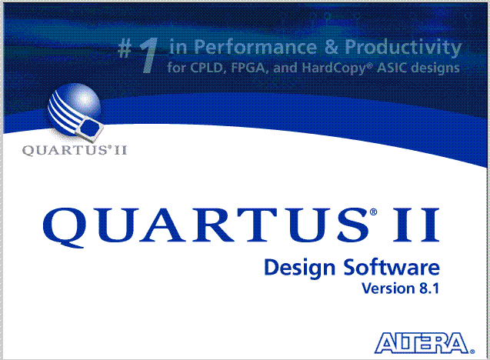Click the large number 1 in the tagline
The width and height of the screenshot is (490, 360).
(x=148, y=55)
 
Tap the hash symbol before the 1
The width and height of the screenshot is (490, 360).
(x=125, y=49)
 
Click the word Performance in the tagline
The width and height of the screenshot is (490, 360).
(x=255, y=47)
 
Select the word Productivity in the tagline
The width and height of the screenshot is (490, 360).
(x=403, y=48)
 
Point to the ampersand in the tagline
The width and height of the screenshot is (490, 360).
(x=332, y=47)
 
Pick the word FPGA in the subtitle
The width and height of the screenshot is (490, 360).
(x=249, y=68)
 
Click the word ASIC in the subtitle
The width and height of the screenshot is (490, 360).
(x=392, y=68)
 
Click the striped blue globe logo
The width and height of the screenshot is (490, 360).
(x=75, y=110)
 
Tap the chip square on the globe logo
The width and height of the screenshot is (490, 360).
(x=90, y=128)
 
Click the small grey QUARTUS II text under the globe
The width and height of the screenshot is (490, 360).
(x=75, y=150)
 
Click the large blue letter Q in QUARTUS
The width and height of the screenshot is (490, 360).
(x=65, y=228)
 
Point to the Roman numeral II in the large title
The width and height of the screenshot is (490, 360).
(x=416, y=225)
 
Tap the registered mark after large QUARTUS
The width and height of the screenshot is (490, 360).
(x=373, y=212)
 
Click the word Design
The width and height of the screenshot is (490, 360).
(x=300, y=268)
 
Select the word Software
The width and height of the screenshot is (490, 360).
(x=392, y=267)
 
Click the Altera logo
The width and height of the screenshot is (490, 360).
(x=425, y=343)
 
